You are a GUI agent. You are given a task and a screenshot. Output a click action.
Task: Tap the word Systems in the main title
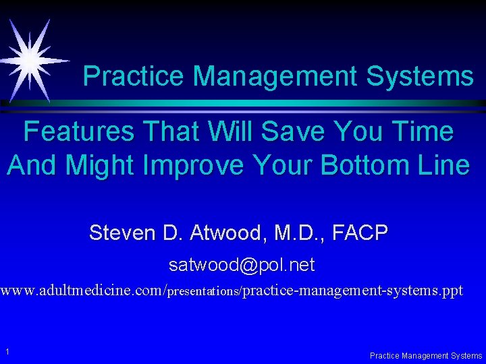point(420,76)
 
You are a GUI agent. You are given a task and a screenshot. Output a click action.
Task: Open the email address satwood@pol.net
point(242,266)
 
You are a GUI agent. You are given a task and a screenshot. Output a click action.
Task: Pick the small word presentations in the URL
point(202,293)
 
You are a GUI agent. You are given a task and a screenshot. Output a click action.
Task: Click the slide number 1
point(6,351)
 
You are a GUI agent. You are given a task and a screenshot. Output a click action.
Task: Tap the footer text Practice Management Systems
point(426,355)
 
